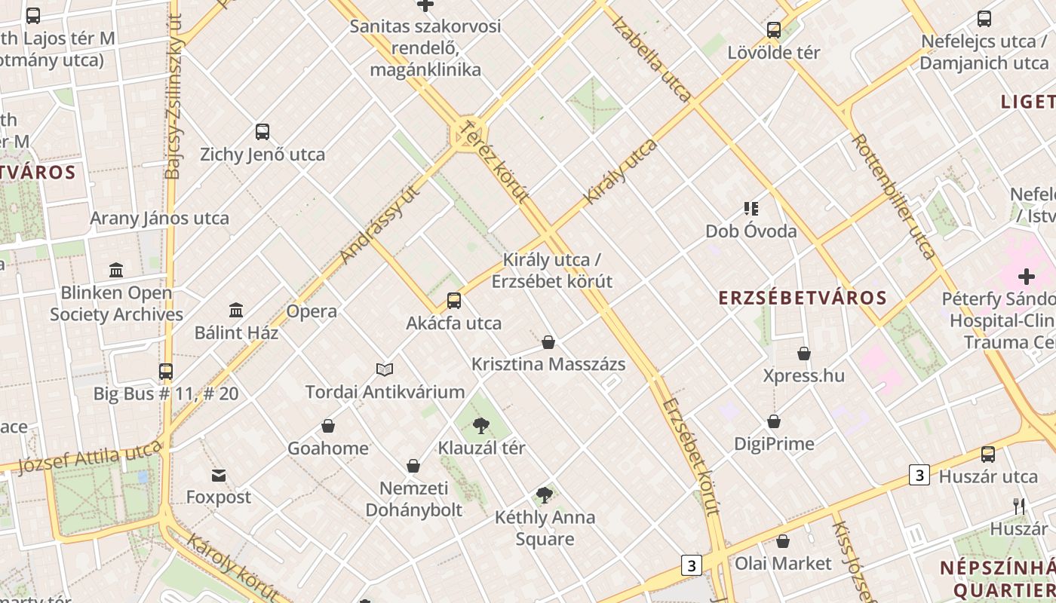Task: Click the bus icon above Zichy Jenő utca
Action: (262, 132)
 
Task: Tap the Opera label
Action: (312, 311)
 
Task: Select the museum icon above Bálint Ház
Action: (236, 310)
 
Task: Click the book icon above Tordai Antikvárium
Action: (385, 369)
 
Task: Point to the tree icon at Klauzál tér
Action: (481, 426)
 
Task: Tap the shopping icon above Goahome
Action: (328, 426)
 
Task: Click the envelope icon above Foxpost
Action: (219, 476)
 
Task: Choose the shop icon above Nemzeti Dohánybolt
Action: (413, 466)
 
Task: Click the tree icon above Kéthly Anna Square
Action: (545, 495)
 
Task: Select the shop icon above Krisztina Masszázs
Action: (548, 342)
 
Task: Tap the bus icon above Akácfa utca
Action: (454, 301)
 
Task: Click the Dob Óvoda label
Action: (751, 231)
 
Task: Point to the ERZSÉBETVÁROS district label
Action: (803, 297)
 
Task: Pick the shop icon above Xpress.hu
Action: (804, 354)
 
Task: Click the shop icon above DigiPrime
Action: (774, 421)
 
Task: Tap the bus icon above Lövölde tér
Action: (774, 31)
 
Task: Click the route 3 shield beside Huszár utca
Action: (919, 475)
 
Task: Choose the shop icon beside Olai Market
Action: (783, 541)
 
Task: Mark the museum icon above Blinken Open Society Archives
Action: (116, 270)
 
